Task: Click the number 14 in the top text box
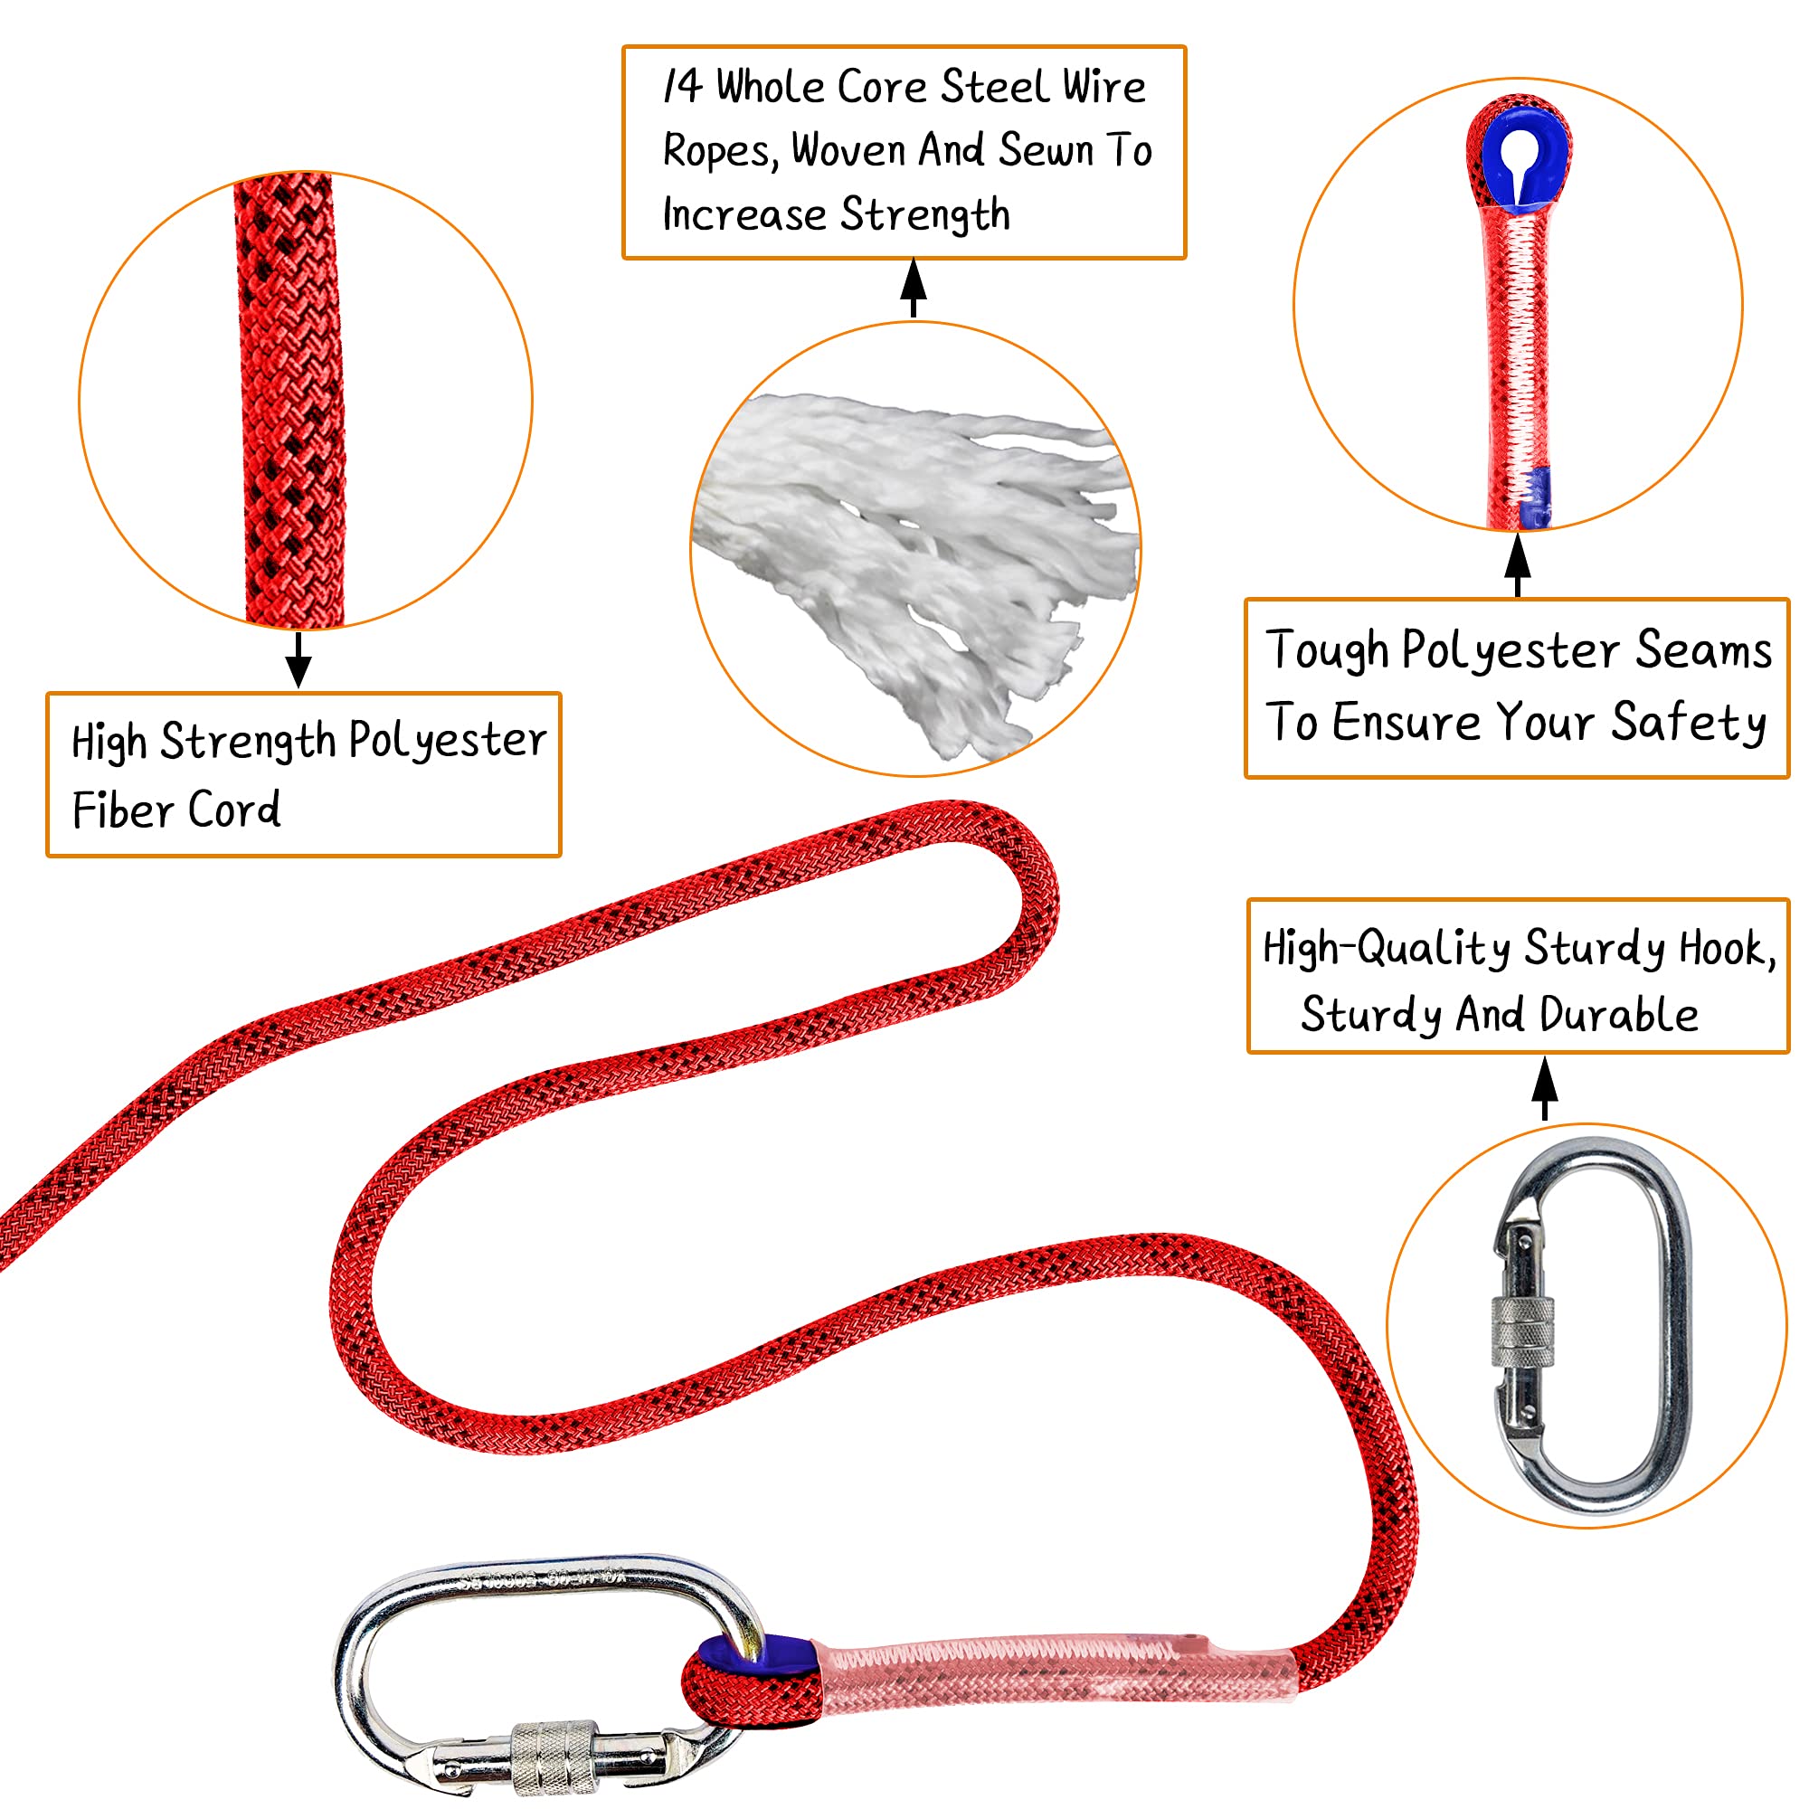(x=683, y=86)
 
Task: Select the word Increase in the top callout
(x=743, y=214)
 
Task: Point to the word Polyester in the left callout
(x=448, y=741)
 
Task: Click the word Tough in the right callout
(x=1326, y=650)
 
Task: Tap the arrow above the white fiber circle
(x=913, y=288)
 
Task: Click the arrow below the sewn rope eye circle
(x=1518, y=564)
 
